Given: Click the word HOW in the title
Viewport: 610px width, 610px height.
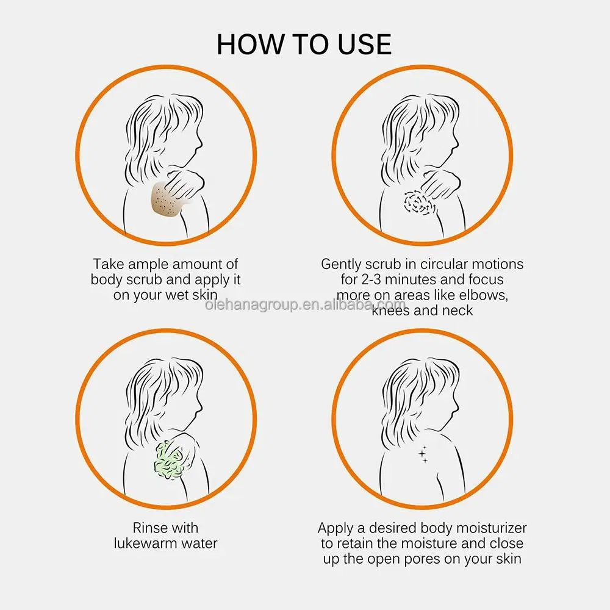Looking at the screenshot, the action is point(249,45).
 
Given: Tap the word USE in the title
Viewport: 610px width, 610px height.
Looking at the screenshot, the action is point(364,45).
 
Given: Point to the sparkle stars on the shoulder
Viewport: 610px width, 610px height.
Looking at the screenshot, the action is point(423,454).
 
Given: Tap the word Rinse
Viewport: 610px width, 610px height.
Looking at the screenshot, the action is point(148,528).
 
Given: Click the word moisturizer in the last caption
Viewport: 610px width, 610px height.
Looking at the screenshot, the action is point(491,528).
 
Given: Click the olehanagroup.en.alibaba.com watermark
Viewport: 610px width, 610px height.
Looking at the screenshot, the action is point(305,304).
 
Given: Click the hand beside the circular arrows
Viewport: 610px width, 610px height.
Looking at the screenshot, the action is point(441,184).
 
